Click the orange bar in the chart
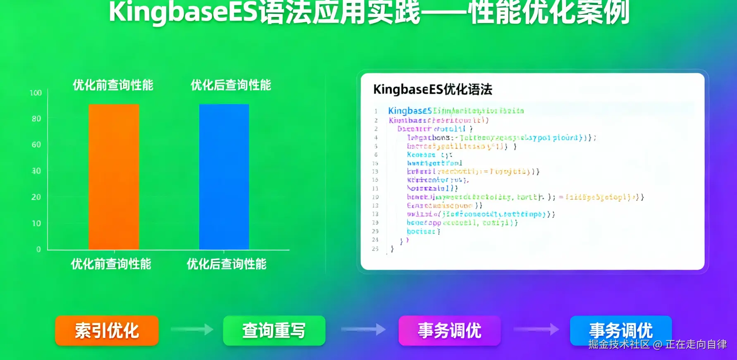click(114, 177)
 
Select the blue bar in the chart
click(224, 177)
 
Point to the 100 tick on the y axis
click(36, 93)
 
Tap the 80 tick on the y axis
click(36, 119)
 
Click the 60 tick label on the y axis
click(36, 145)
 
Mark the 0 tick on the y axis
click(38, 249)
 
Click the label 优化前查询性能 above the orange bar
click(113, 85)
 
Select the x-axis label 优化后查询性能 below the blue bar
click(227, 264)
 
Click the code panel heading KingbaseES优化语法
click(433, 89)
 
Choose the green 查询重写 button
click(274, 331)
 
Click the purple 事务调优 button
click(449, 331)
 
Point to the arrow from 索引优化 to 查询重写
click(192, 329)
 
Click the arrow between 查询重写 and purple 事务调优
click(363, 329)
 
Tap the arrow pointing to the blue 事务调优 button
click(536, 329)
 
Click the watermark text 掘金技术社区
click(619, 344)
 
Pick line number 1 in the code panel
click(376, 111)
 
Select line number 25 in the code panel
click(375, 249)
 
